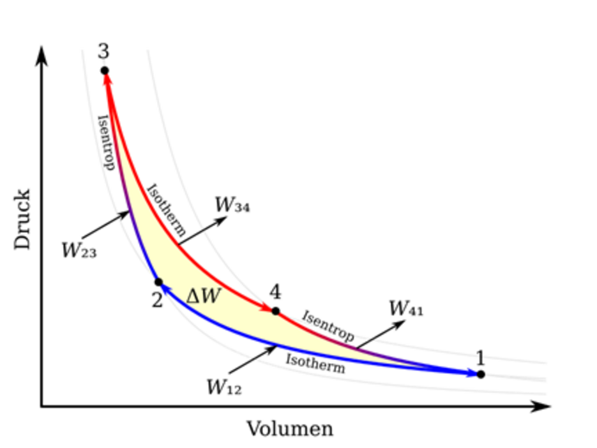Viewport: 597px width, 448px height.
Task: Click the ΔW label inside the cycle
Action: pyautogui.click(x=202, y=295)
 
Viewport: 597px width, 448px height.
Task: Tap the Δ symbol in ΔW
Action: pyautogui.click(x=192, y=296)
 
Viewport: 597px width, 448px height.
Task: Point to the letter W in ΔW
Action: pyautogui.click(x=210, y=295)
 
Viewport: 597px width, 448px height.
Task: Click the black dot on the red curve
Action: pyautogui.click(x=275, y=311)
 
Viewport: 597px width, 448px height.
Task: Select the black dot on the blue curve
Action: pyautogui.click(x=159, y=281)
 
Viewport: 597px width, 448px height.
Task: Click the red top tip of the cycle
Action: pyautogui.click(x=107, y=80)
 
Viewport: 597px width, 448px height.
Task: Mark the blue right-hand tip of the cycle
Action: pyautogui.click(x=472, y=373)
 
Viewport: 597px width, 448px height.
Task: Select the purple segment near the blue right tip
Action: pyautogui.click(x=409, y=362)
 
